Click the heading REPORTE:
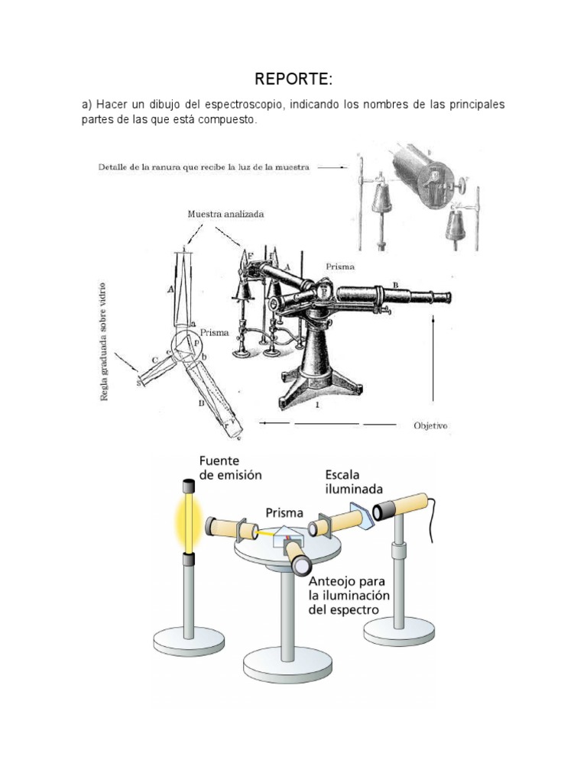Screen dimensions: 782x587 pos(293,79)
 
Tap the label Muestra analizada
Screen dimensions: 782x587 pos(225,215)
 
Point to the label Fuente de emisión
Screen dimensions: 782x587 pos(230,468)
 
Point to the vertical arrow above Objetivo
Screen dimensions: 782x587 pos(433,359)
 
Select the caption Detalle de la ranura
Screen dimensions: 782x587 pos(204,167)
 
